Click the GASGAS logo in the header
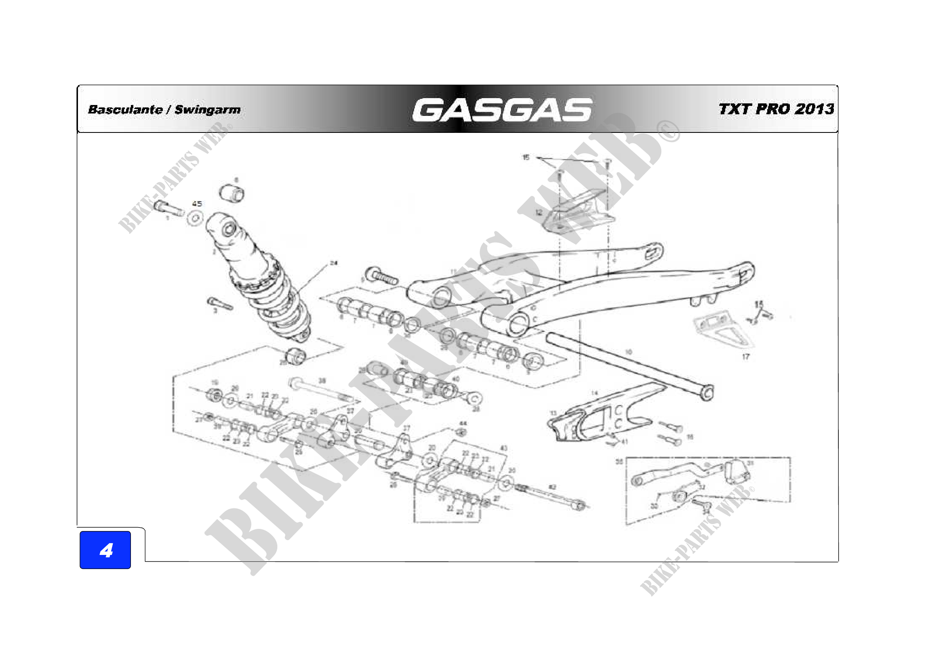click(x=502, y=110)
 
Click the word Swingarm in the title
click(x=207, y=110)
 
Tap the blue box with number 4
click(x=105, y=550)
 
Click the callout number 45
click(x=197, y=204)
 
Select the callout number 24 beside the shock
click(x=333, y=263)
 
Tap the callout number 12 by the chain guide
click(x=539, y=213)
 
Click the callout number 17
click(x=746, y=357)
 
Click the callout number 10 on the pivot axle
click(x=629, y=352)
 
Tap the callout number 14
click(x=594, y=393)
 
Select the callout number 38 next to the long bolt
click(x=322, y=381)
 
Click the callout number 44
click(x=463, y=423)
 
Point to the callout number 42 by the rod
click(x=552, y=487)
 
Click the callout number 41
click(x=624, y=442)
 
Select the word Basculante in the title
click(x=125, y=110)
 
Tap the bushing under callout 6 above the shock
click(x=232, y=193)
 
